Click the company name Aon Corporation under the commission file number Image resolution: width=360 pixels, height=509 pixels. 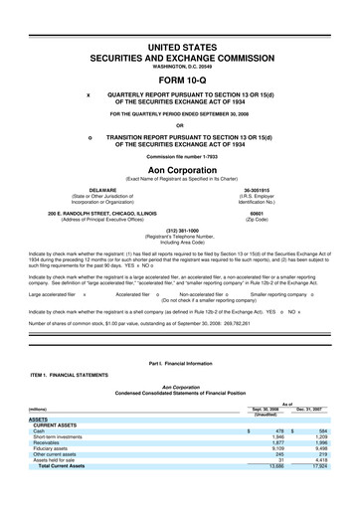pyautogui.click(x=180, y=170)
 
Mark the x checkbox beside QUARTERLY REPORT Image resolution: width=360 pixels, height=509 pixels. pyautogui.click(x=90, y=96)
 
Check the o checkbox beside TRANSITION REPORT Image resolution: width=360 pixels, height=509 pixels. pyautogui.click(x=90, y=136)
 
